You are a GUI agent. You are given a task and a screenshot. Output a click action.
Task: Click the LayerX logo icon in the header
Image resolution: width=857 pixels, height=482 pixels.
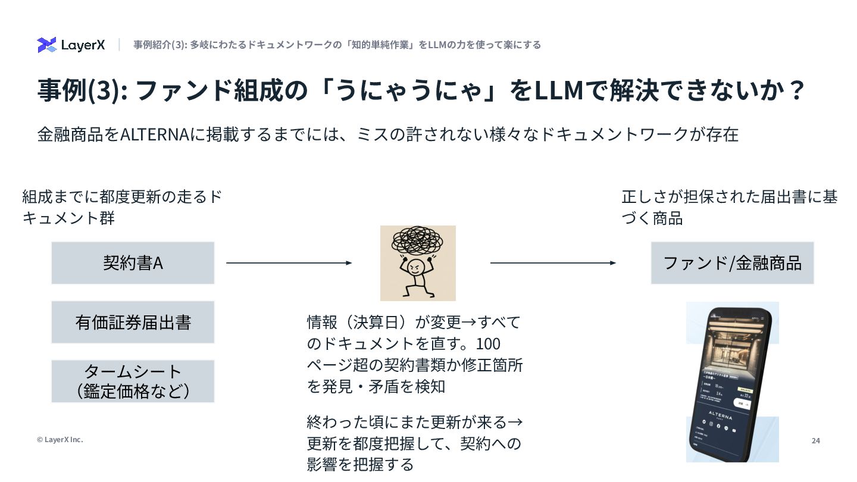point(46,45)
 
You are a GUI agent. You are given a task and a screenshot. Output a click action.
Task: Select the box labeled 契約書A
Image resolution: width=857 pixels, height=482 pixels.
point(133,263)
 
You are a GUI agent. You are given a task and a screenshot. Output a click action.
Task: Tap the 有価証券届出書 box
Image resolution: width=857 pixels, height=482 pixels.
point(133,323)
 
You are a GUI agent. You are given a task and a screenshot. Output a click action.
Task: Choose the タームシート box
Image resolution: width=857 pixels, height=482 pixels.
point(133,381)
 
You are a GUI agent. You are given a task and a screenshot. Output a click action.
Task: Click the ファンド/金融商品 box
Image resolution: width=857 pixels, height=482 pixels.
point(732,263)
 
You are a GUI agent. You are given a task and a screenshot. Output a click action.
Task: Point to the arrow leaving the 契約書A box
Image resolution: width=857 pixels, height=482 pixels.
point(289,263)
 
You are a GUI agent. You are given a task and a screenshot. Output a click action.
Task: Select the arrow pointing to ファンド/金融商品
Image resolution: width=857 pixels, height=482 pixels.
point(553,263)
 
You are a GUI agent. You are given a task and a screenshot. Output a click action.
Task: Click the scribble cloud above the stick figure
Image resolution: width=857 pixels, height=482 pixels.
point(418,240)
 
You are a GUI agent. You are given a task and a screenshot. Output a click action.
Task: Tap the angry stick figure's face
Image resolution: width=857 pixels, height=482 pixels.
point(417,266)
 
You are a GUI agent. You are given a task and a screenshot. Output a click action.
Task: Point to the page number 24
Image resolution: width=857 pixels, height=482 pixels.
point(815,440)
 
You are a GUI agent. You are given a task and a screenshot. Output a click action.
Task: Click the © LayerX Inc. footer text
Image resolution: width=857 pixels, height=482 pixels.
point(60,440)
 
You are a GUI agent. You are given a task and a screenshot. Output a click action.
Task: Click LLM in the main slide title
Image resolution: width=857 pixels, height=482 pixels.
point(559,90)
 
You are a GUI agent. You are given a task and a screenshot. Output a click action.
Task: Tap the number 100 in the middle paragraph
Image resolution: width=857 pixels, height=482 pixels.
point(489,344)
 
